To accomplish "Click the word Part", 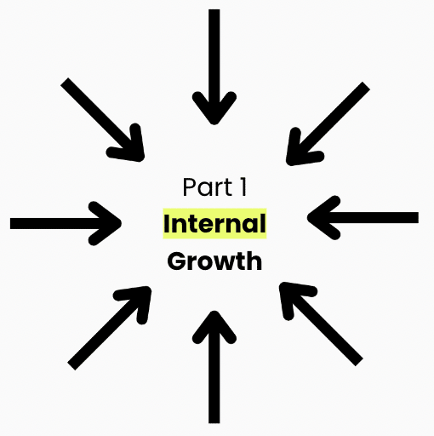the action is click(x=208, y=186).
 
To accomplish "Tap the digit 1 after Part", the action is click(x=243, y=186).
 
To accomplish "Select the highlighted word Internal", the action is click(x=214, y=223).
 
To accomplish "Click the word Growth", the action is click(x=214, y=261).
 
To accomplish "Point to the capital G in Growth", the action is click(x=176, y=261).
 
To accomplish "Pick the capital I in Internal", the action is click(x=167, y=223).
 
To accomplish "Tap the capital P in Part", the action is click(x=189, y=186).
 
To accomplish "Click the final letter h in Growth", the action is click(x=254, y=261).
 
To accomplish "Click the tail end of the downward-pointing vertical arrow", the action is click(x=214, y=9).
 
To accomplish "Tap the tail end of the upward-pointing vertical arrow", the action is click(x=214, y=422).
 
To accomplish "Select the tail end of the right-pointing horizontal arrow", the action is click(x=10, y=223).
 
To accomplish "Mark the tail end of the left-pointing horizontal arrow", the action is click(x=418, y=218).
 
